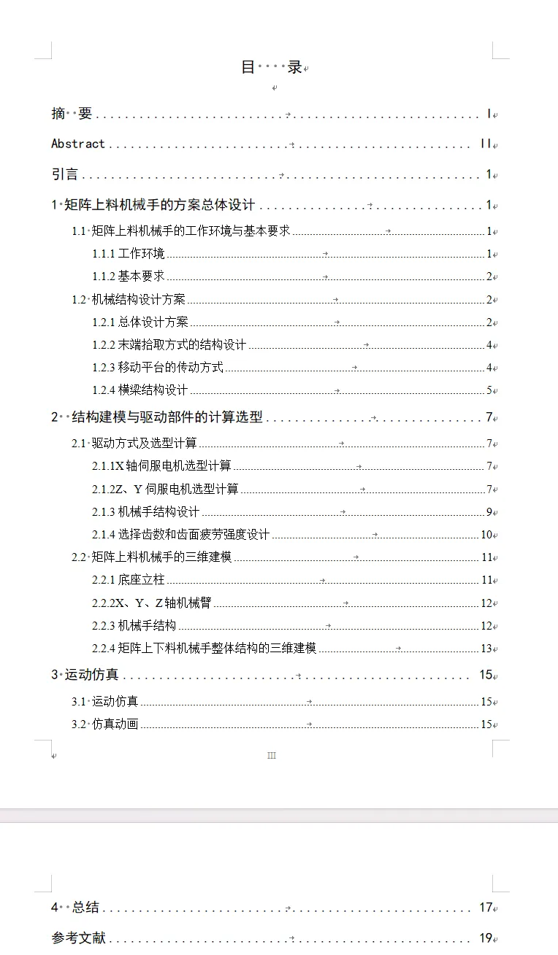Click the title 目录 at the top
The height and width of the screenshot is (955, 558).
click(x=271, y=67)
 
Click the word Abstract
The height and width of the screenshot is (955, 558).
click(x=78, y=144)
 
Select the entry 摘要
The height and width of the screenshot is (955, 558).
click(x=72, y=114)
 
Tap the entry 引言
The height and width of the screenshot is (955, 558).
click(x=65, y=174)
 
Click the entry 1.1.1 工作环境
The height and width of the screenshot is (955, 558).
click(x=129, y=254)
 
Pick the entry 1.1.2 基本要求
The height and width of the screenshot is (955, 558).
click(x=129, y=277)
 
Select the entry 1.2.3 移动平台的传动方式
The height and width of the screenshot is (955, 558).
click(x=158, y=368)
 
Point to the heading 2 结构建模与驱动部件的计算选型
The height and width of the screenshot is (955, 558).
click(x=157, y=417)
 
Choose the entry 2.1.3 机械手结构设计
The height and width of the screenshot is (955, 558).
click(x=146, y=512)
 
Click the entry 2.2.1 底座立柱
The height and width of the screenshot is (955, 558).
click(x=129, y=580)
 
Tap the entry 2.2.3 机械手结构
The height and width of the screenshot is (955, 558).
click(x=134, y=626)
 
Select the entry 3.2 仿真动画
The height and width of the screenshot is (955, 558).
click(x=105, y=724)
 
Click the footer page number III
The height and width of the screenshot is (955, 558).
click(x=272, y=756)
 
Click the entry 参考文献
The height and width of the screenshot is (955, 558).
click(x=78, y=939)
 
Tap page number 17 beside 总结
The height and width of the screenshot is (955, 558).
click(x=486, y=908)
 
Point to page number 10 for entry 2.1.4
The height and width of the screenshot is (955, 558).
click(x=486, y=535)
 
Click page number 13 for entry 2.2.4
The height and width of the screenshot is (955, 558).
click(x=486, y=649)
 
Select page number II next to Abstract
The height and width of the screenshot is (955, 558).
click(x=486, y=144)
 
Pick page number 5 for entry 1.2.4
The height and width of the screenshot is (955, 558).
click(x=489, y=390)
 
